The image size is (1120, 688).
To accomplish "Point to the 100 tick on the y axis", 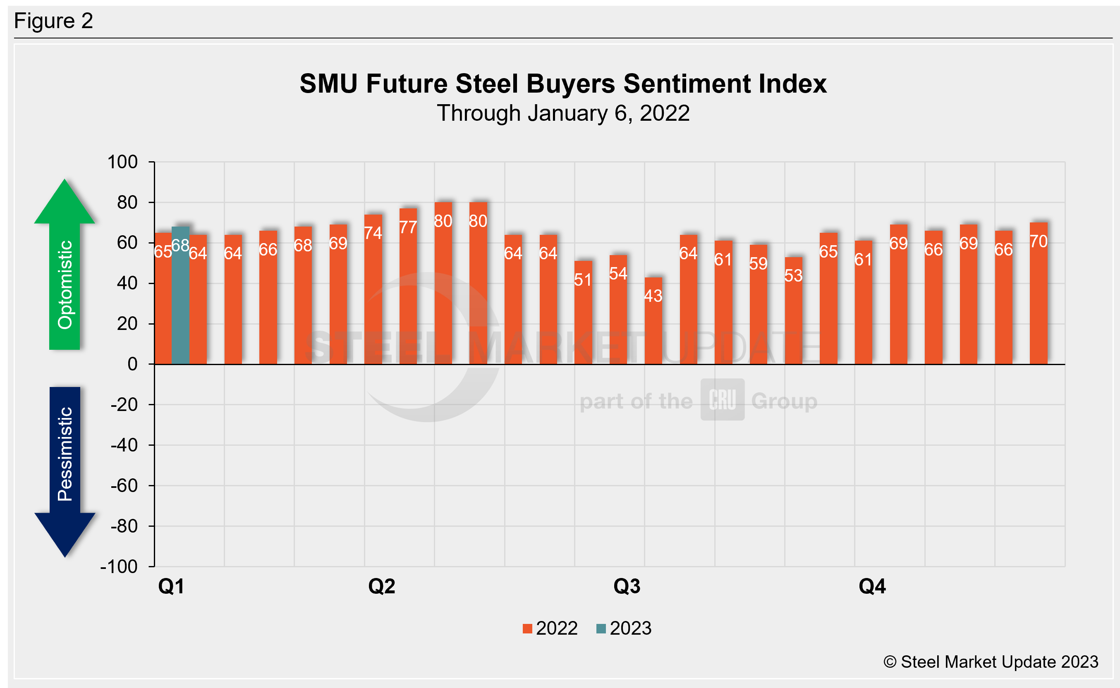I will (122, 162).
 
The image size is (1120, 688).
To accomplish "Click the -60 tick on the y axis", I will (124, 486).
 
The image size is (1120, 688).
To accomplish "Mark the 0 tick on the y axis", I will (132, 364).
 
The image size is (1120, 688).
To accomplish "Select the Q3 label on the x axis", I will (627, 586).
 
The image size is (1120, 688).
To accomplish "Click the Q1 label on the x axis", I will (171, 586).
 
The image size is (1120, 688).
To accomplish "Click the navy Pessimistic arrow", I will (65, 469).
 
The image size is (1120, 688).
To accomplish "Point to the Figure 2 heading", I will (54, 21).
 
